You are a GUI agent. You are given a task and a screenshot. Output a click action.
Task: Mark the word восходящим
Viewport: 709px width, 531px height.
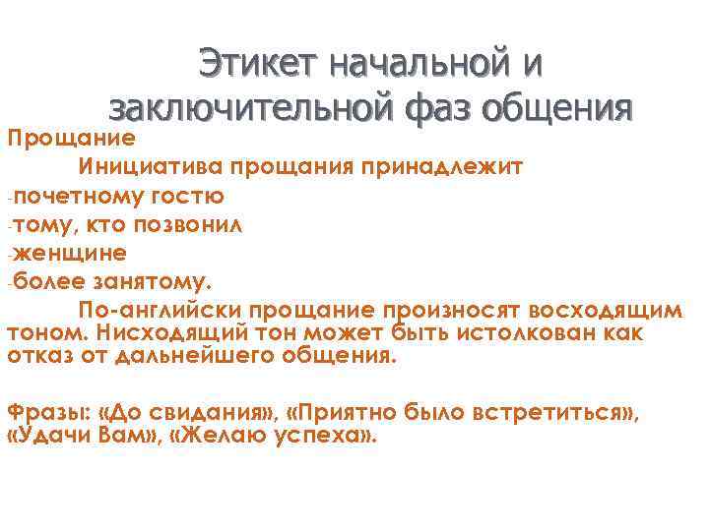pos(607,310)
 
